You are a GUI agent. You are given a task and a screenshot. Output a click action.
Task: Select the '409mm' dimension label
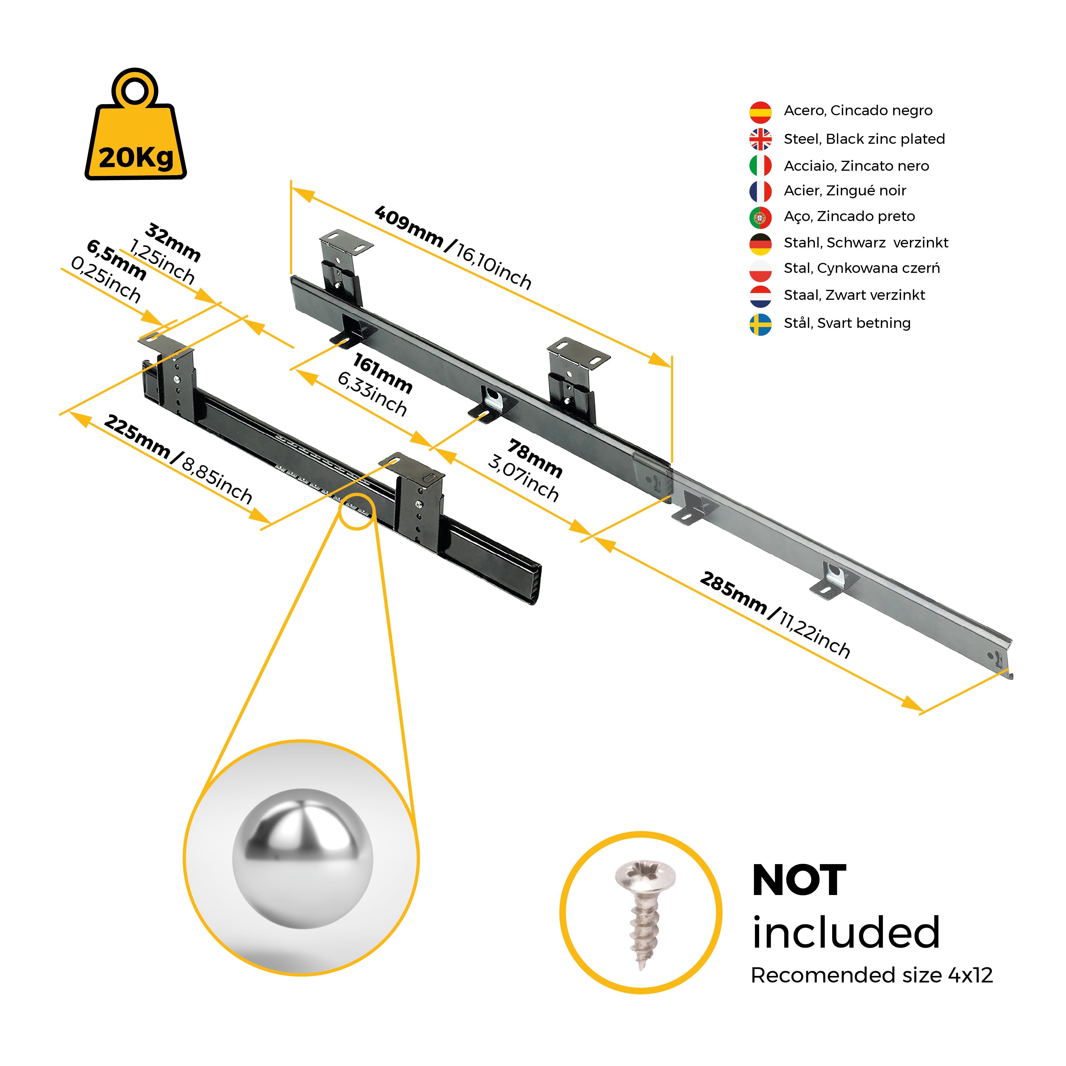click(408, 226)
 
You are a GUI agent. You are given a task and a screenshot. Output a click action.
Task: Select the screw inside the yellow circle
click(644, 910)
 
